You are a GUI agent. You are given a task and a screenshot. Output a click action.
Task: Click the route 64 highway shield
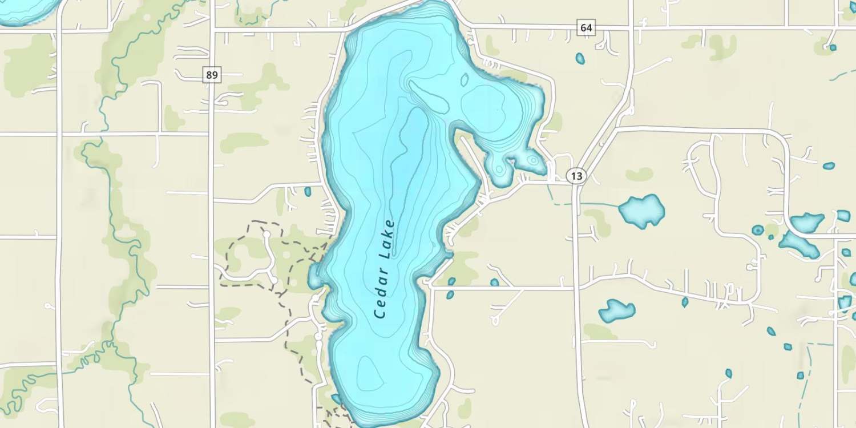coord(586,27)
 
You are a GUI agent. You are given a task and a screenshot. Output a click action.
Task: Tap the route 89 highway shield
coord(212,75)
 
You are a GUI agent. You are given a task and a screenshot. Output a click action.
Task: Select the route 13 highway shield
coord(577,176)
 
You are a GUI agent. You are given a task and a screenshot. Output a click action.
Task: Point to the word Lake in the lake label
coord(389,239)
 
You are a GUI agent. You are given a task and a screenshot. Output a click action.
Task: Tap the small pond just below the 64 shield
coord(580,58)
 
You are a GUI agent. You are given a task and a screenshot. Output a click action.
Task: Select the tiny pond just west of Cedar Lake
coord(308,192)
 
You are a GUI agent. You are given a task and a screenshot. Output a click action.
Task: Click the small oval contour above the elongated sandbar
coord(464,79)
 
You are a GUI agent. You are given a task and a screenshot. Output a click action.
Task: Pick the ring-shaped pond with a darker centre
coord(758,230)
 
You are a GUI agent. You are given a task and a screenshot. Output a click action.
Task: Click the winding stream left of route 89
coord(108,171)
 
